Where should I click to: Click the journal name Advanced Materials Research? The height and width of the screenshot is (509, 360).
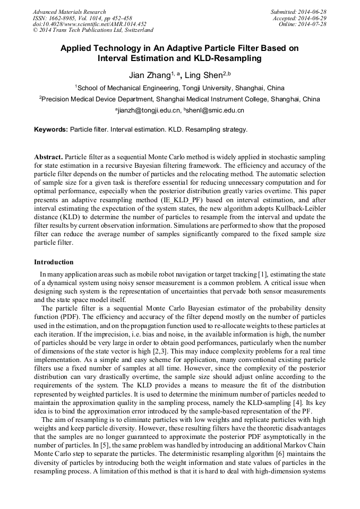[69, 12]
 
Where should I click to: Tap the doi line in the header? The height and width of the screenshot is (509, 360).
[89, 24]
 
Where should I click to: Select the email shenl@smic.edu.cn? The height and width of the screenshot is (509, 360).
[215, 110]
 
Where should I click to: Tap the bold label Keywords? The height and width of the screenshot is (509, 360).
[51, 129]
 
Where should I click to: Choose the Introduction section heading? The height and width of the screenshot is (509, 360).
[54, 262]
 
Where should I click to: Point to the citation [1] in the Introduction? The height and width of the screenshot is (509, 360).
[262, 274]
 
